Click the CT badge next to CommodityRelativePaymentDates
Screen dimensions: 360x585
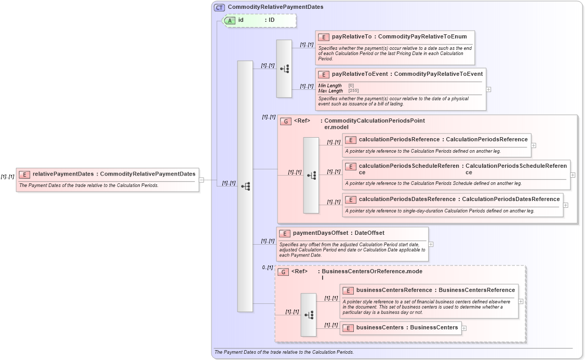220,7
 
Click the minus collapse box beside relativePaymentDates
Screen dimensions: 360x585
202,180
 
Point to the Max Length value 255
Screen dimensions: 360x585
353,91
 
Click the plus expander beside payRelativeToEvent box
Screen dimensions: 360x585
488,89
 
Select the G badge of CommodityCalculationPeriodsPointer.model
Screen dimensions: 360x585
285,122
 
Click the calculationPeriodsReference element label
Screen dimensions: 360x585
399,139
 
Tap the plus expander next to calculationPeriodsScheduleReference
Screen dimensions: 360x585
573,175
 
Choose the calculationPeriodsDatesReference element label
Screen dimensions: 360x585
407,199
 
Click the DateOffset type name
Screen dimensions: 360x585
369,233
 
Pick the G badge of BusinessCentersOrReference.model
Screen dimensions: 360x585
283,272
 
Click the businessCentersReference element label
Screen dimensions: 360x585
394,290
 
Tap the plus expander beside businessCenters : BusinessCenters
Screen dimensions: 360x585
464,328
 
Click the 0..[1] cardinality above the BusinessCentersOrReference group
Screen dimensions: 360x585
267,268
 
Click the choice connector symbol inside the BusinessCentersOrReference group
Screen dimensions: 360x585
309,315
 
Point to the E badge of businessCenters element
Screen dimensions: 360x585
348,328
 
